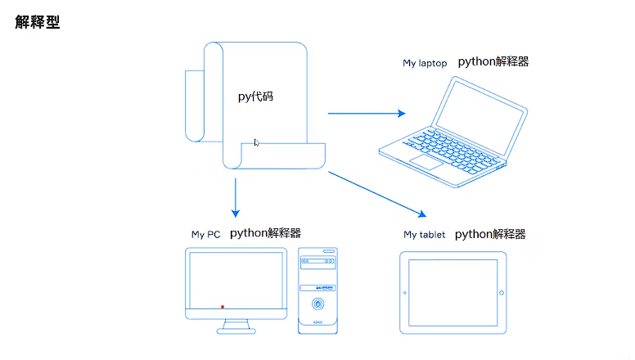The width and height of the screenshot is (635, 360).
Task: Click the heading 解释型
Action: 37,21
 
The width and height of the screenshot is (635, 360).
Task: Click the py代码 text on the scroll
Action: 255,97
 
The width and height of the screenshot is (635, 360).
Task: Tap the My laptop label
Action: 425,63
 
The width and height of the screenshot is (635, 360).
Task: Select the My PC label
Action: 205,235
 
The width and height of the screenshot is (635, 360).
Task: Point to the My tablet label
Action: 425,235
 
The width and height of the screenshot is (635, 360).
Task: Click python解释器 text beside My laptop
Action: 493,61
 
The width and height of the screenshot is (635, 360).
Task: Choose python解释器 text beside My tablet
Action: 490,233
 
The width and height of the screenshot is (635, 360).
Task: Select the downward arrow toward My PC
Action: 236,196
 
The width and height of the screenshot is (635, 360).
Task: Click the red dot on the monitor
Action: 223,307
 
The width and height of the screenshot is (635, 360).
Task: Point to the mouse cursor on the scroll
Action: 256,142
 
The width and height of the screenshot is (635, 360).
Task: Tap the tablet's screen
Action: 453,293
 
